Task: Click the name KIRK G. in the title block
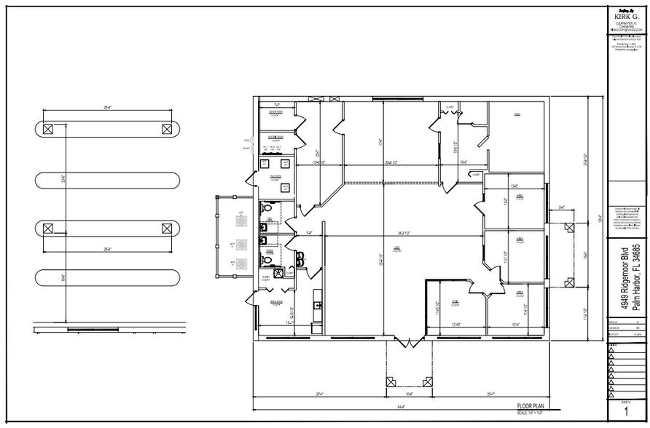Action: (x=627, y=15)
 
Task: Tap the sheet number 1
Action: (x=626, y=413)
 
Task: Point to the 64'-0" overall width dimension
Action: (x=399, y=405)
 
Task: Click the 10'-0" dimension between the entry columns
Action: (x=410, y=394)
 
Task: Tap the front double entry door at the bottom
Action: (x=410, y=340)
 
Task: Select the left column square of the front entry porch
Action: (x=390, y=381)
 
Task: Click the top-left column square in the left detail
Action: (x=47, y=129)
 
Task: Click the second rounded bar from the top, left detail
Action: (x=107, y=179)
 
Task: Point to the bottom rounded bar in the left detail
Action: (x=107, y=277)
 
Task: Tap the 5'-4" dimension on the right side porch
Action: (x=561, y=208)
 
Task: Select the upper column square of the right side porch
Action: (x=567, y=228)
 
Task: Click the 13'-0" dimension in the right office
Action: (x=514, y=186)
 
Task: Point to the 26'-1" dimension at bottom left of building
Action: (x=321, y=394)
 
